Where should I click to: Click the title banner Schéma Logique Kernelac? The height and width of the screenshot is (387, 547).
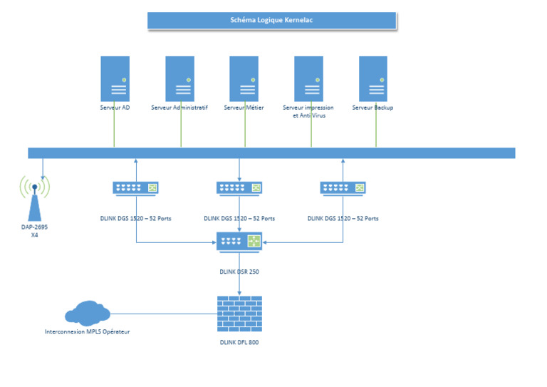(271, 20)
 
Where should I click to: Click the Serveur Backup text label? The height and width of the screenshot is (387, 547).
(373, 108)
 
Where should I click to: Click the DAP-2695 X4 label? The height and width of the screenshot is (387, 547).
(34, 230)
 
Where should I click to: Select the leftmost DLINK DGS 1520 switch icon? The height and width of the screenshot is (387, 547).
(135, 187)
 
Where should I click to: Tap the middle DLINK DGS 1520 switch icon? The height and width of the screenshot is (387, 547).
(239, 187)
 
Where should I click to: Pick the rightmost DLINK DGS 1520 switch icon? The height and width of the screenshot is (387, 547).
(343, 187)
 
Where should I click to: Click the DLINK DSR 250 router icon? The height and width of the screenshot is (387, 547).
(239, 242)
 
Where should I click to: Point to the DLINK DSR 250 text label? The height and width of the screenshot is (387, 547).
(239, 272)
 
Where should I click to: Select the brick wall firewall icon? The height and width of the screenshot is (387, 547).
(239, 314)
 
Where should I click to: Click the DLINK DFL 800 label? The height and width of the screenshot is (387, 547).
(239, 343)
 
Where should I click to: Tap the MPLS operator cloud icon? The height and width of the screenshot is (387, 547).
(87, 313)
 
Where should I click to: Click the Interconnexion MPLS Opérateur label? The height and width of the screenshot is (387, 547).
(87, 331)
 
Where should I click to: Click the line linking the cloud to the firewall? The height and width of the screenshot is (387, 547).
(164, 314)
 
